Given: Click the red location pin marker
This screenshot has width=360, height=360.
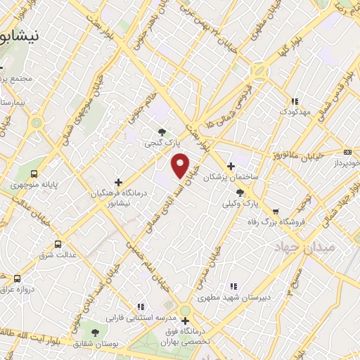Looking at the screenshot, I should (181, 165).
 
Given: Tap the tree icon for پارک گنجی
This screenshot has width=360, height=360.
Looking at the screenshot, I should (162, 131).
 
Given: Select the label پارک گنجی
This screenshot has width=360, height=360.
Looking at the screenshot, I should (159, 143).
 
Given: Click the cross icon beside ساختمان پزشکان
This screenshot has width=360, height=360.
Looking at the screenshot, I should (231, 166).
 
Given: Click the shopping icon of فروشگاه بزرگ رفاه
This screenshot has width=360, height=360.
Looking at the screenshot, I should (275, 211).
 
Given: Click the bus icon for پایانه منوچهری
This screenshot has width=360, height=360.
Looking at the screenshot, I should (34, 173).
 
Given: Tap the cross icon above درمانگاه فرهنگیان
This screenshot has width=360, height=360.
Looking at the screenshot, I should (118, 182).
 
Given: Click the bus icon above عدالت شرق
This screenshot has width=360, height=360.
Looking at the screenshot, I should (57, 244).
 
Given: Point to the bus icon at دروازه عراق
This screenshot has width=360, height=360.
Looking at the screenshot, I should (18, 279).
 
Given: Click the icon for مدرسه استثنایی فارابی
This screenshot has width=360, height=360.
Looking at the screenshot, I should (141, 307).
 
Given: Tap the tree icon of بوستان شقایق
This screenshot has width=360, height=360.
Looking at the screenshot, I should (95, 332).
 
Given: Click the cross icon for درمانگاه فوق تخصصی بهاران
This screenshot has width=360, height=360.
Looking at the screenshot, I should (185, 321).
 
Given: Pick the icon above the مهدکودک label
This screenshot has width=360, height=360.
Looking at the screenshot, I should (295, 101).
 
